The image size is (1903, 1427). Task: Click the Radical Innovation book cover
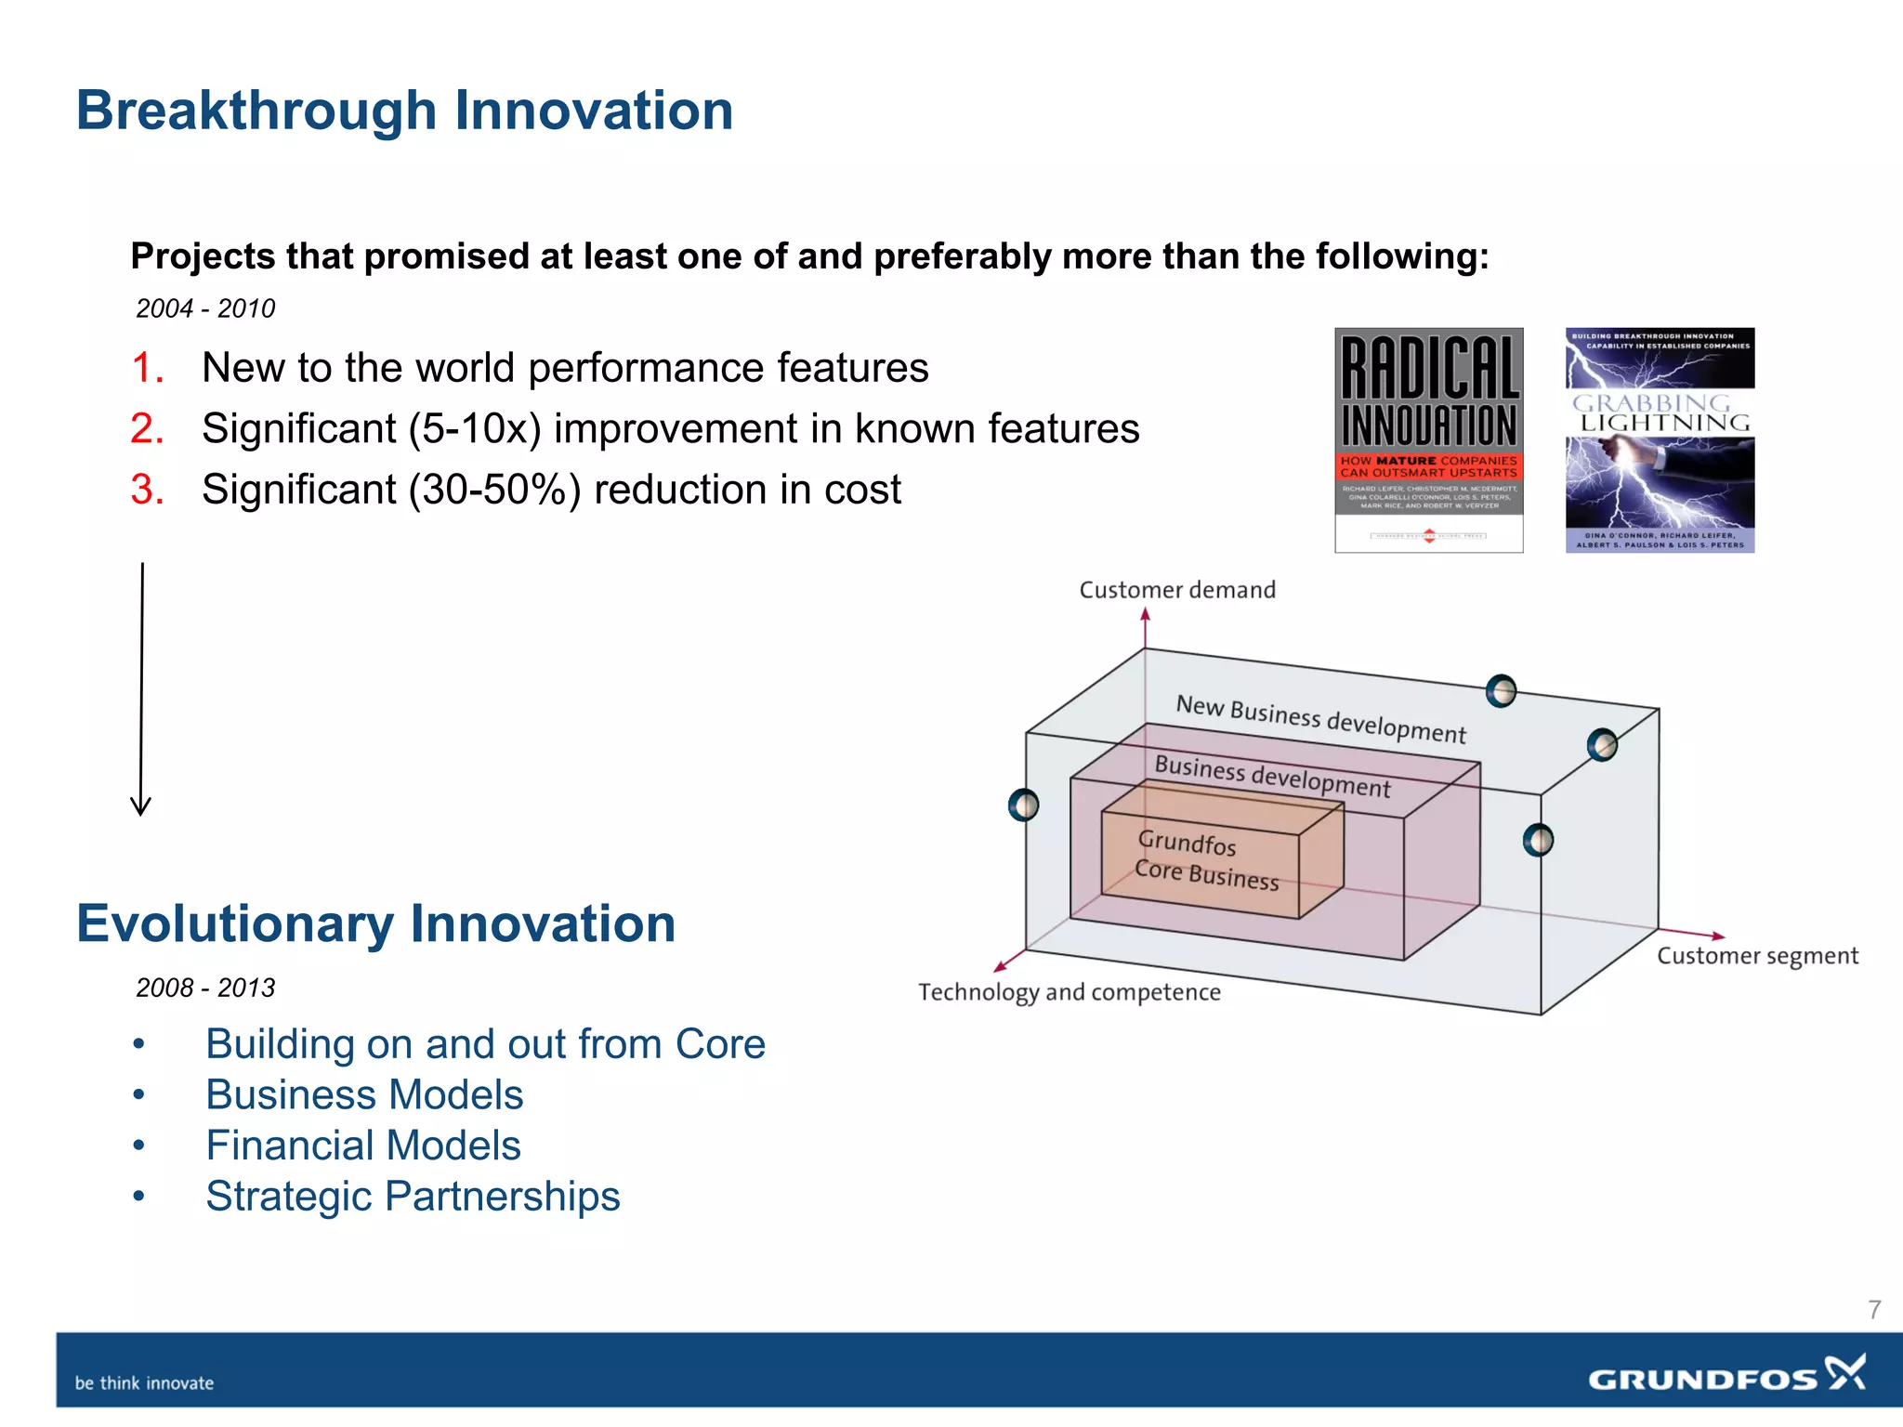point(1428,439)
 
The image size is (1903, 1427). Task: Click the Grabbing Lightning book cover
point(1660,439)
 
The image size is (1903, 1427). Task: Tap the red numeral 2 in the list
point(147,429)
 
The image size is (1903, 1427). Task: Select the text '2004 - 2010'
point(205,308)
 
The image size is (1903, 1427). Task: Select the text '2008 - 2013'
point(205,988)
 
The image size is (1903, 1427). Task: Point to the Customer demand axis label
point(1176,590)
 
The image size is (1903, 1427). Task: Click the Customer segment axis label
point(1757,956)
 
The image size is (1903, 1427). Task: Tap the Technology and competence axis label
point(1069,992)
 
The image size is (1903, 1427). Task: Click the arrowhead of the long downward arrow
point(140,806)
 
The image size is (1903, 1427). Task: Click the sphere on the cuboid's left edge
point(1023,805)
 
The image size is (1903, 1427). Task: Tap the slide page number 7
point(1874,1310)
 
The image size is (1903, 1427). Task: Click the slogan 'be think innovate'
point(144,1383)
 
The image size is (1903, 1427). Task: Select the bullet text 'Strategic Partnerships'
point(413,1197)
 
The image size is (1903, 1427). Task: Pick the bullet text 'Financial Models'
point(363,1146)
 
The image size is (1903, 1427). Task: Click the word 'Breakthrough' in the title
point(256,111)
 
